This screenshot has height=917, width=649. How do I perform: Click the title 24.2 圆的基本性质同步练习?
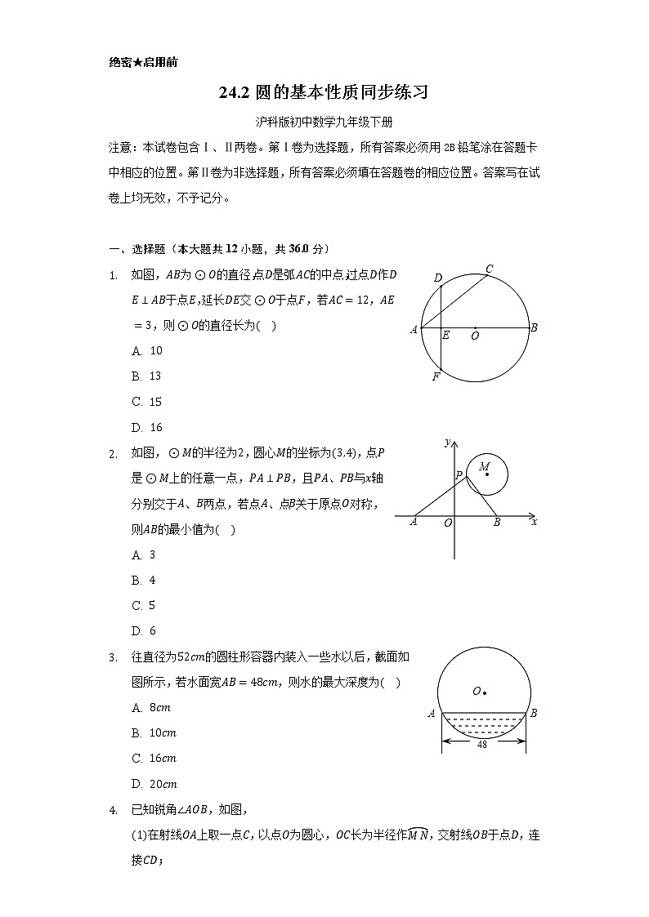point(324,93)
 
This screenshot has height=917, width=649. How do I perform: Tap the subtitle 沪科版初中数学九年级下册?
point(324,122)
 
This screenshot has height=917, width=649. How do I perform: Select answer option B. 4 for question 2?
point(144,580)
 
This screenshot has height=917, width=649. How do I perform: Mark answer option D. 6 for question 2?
point(144,630)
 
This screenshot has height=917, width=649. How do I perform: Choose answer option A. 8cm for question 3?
point(150,707)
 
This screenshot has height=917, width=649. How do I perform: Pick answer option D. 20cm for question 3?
point(154,784)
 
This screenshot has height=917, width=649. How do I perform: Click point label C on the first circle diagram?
point(489,269)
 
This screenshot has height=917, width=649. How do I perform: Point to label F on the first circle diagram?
point(436,376)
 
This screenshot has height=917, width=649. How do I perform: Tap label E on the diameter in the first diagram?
point(445,335)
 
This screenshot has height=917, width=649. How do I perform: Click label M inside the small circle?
point(485,467)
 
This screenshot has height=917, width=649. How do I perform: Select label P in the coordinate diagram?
point(459,474)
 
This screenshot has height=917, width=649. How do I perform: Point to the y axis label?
point(448,442)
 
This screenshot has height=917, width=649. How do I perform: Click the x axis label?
point(534,521)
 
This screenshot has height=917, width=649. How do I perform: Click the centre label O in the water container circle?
point(477,691)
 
